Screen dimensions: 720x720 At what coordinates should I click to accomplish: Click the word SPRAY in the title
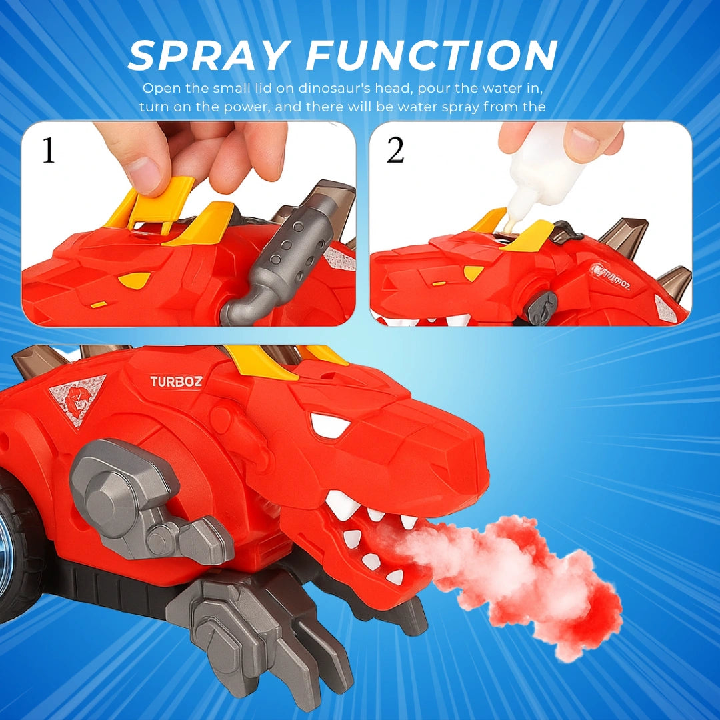pos(209,55)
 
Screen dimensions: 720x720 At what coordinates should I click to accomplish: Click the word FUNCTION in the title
pos(432,55)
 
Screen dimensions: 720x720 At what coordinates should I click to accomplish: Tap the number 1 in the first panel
pos(48,150)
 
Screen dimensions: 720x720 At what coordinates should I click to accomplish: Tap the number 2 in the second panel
pos(395,150)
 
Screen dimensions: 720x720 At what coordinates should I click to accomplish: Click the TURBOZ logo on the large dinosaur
pos(176,381)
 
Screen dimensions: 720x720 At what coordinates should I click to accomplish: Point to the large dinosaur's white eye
pos(329,425)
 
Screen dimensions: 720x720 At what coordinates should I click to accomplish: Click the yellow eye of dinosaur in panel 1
pos(134,280)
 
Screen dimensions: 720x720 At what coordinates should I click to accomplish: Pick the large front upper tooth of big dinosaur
pos(343,504)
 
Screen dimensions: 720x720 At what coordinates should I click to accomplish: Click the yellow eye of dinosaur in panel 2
pos(473,272)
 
